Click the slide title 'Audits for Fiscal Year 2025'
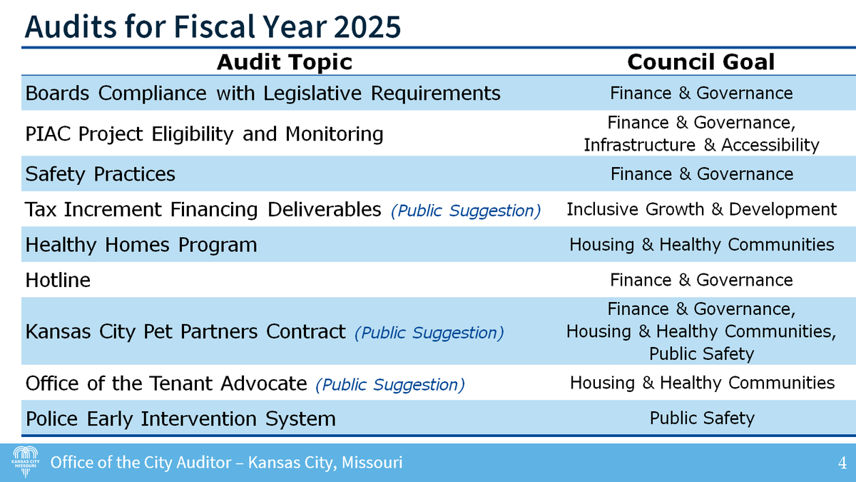coord(213,26)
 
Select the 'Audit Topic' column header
coord(284,62)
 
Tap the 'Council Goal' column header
coord(700,62)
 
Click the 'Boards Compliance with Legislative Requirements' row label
coord(263,94)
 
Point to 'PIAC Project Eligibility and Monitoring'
coord(204,134)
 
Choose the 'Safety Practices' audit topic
coord(100,174)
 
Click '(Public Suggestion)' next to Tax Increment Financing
coord(465,211)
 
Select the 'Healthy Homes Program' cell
coord(141,245)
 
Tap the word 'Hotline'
coord(58,280)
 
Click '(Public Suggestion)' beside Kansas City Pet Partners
coord(429,333)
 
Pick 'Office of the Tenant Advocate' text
coord(166,383)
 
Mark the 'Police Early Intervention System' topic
coord(180,418)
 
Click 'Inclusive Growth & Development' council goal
coord(701,209)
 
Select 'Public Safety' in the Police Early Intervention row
coord(701,418)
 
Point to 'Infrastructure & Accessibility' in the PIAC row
coord(701,145)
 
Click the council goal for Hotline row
coord(701,280)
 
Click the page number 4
coord(842,463)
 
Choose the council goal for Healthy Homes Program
coord(701,245)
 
